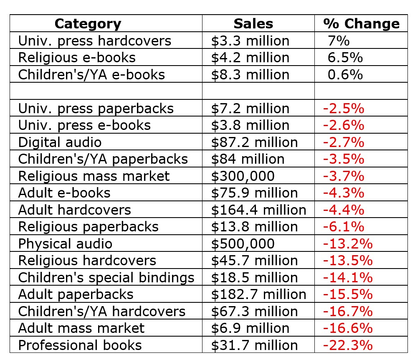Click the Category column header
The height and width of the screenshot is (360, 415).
[x=88, y=23]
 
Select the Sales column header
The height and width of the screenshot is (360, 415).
[x=253, y=23]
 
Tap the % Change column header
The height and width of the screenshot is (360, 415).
[x=361, y=23]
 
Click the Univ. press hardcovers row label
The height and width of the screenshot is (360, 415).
[x=95, y=41]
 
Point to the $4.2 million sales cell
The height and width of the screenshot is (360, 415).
[x=250, y=57]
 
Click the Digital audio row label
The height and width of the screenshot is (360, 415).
[x=60, y=142]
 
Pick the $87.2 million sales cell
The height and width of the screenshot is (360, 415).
[x=254, y=142]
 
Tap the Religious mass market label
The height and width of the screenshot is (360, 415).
[x=94, y=176]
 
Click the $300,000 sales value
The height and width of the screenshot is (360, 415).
[x=243, y=176]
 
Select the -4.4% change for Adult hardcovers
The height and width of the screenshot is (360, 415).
[x=344, y=210]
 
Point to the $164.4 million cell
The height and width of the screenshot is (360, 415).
[x=258, y=210]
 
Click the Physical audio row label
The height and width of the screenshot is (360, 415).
[x=65, y=243]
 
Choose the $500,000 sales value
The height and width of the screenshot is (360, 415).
[x=243, y=243]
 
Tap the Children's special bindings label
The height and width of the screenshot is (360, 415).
[x=106, y=277]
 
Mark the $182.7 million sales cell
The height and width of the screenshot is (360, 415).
[x=258, y=294]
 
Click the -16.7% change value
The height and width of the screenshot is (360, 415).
[x=347, y=311]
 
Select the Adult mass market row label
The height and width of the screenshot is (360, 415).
[x=81, y=328]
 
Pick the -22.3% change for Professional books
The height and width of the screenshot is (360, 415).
[x=347, y=345]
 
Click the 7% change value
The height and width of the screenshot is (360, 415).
[x=339, y=41]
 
